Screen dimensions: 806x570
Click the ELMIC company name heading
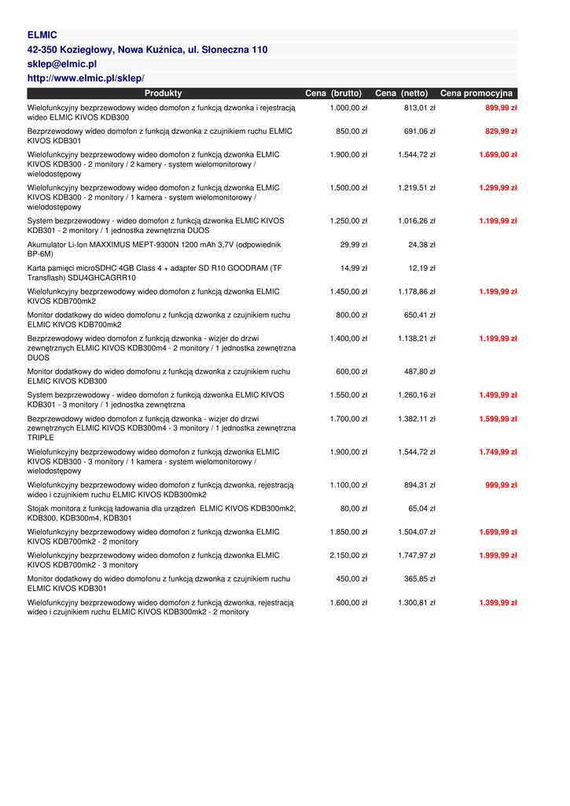tap(42, 35)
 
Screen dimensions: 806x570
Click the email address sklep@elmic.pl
tap(62, 64)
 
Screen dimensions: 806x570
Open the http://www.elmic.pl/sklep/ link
tap(86, 78)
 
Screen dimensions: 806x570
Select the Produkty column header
tap(163, 93)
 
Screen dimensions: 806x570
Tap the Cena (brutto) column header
tap(333, 93)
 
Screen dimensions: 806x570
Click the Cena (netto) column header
tap(402, 93)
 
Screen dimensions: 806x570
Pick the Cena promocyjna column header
tap(476, 93)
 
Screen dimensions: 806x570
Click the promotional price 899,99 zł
tap(501, 108)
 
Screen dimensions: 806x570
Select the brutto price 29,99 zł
tap(354, 245)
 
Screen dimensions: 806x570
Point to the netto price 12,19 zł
tap(422, 268)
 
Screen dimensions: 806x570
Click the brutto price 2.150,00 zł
tap(348, 556)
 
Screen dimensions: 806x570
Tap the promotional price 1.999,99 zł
tap(498, 556)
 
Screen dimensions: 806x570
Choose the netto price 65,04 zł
tap(421, 508)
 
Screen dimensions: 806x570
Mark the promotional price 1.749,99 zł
tap(498, 452)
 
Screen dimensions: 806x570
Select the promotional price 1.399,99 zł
tap(498, 603)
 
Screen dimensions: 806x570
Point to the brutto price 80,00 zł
tap(354, 508)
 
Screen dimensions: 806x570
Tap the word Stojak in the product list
tap(39, 508)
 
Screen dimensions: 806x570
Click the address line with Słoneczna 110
tap(148, 50)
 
